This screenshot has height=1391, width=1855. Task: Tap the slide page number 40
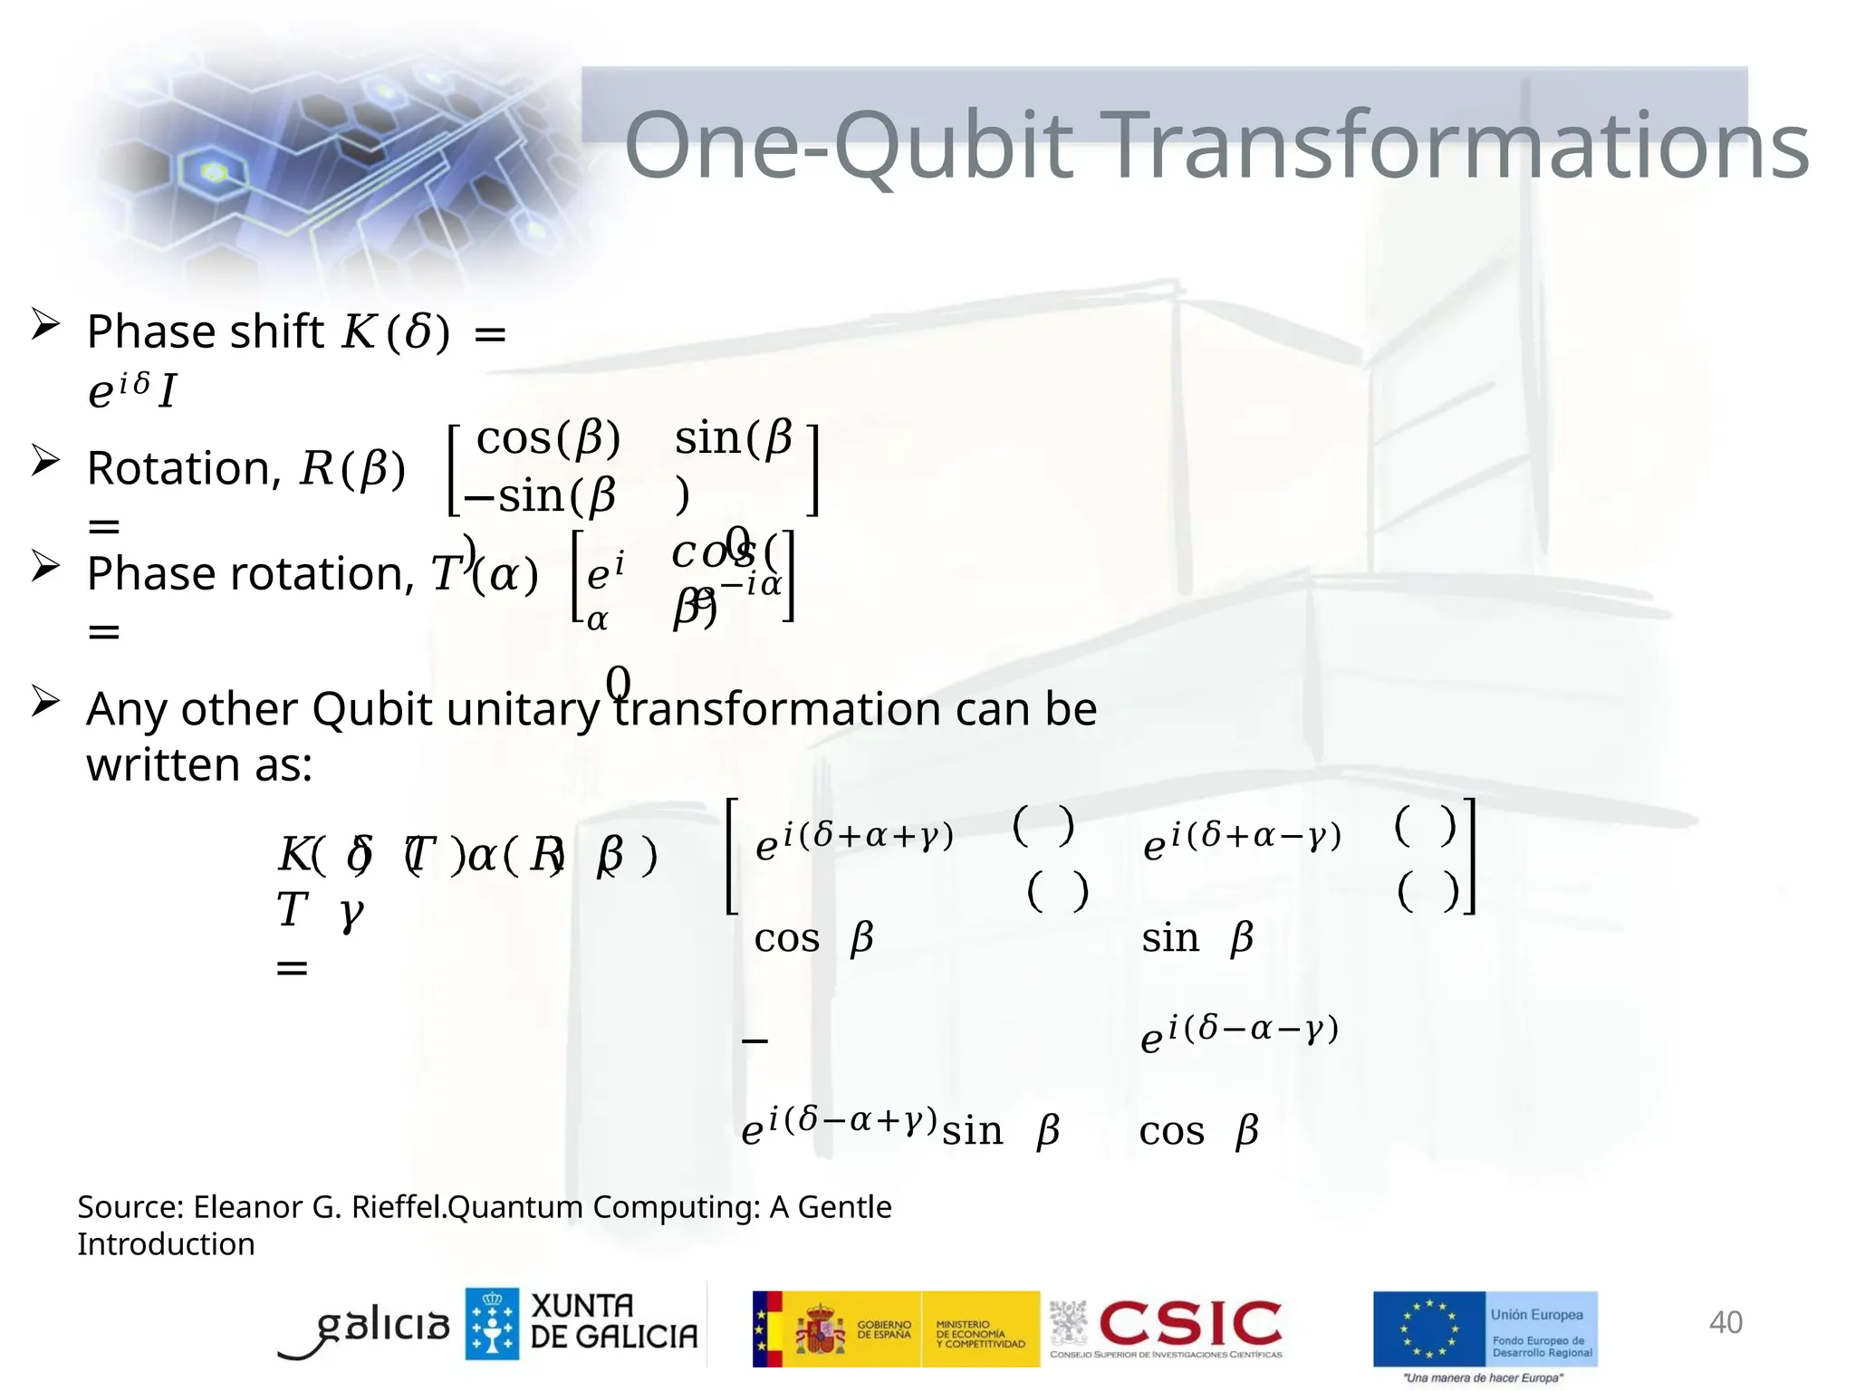pyautogui.click(x=1725, y=1322)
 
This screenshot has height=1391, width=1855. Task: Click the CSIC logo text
pyautogui.click(x=1190, y=1324)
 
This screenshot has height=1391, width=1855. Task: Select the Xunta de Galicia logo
pyautogui.click(x=581, y=1323)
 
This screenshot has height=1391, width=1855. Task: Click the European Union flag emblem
pyautogui.click(x=1429, y=1329)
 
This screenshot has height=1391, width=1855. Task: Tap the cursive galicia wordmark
pyautogui.click(x=380, y=1327)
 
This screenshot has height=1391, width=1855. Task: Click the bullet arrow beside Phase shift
pyautogui.click(x=45, y=324)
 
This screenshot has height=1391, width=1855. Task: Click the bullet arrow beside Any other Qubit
pyautogui.click(x=45, y=701)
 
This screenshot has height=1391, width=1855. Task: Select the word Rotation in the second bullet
pyautogui.click(x=178, y=469)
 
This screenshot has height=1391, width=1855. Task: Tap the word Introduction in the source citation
pyautogui.click(x=166, y=1244)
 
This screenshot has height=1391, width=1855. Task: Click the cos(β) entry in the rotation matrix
pyautogui.click(x=548, y=439)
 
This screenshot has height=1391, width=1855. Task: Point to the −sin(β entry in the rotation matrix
pyautogui.click(x=540, y=496)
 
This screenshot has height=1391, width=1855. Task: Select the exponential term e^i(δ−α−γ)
pyautogui.click(x=1239, y=1033)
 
